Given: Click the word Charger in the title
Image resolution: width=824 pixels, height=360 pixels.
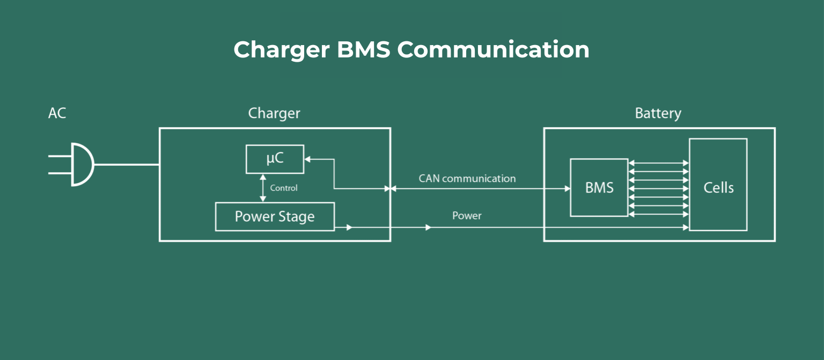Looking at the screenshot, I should pos(281,50).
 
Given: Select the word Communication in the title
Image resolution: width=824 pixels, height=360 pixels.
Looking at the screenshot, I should pos(493,50).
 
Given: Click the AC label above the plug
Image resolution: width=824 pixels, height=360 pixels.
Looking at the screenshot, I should pos(57,114).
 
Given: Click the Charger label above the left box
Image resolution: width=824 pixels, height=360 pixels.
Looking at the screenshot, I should pos(274,114).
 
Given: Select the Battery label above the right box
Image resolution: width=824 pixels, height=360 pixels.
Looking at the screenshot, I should pos(658,114).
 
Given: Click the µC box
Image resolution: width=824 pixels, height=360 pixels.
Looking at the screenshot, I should pos(275,159).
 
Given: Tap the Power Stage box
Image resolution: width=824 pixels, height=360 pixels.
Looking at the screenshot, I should pos(275,217).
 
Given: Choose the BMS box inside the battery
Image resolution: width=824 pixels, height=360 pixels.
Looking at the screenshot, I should pos(599,188).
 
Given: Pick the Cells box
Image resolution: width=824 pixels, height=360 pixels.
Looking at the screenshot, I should pos(718,188).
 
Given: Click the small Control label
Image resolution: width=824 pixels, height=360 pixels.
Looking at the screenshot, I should pos(284,188).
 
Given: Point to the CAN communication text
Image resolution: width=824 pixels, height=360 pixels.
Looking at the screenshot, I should pos(467,179).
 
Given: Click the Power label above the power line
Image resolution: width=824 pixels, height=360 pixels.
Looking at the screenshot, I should pos(467,216).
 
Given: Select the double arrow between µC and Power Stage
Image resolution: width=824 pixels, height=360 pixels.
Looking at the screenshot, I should pos(262,188).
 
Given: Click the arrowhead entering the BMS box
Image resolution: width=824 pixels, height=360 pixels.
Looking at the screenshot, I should pos(567,189).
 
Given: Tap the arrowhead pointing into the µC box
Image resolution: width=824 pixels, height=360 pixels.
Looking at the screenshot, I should pos(307,159).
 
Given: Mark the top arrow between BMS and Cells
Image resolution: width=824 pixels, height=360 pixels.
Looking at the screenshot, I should pos(658,163).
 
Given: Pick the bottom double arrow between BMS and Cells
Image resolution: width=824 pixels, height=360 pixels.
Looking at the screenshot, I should pos(658,215).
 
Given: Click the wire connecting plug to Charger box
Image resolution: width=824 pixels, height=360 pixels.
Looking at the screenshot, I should pos(127,165).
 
